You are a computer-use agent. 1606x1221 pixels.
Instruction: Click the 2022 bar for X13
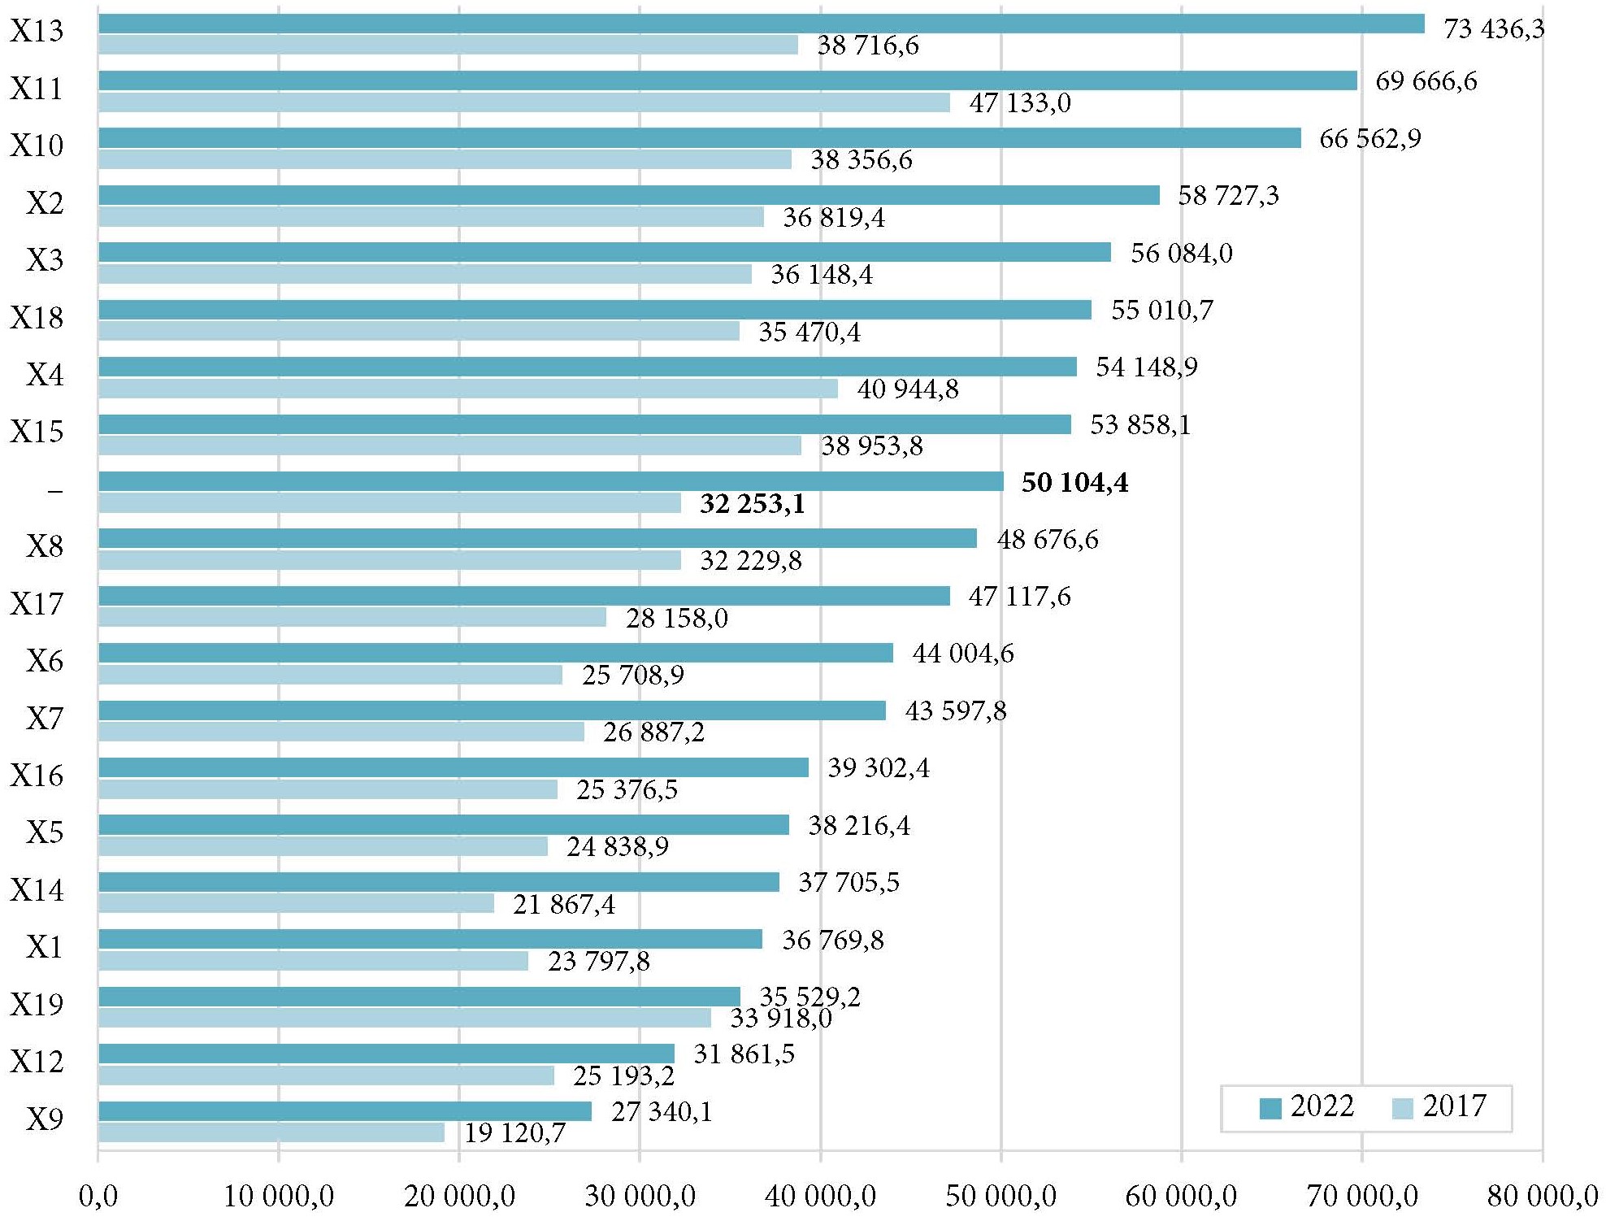click(x=761, y=24)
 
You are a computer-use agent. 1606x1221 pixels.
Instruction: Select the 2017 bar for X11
click(x=524, y=102)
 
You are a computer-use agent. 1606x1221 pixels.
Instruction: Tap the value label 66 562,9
click(x=1369, y=139)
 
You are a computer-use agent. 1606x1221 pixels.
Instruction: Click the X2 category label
click(x=45, y=202)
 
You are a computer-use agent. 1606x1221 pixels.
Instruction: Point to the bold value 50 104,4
click(x=1074, y=483)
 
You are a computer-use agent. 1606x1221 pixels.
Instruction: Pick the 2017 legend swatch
click(x=1402, y=1108)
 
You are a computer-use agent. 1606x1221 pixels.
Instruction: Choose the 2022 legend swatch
click(x=1270, y=1108)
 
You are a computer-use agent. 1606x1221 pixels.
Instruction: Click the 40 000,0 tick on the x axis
click(x=820, y=1196)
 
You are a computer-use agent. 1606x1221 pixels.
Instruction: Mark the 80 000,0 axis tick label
click(x=1542, y=1196)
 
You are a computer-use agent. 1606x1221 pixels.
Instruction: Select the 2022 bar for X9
click(x=345, y=1111)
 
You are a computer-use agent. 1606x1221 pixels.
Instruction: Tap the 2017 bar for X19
click(x=405, y=1018)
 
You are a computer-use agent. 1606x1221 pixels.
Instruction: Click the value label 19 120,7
click(x=514, y=1133)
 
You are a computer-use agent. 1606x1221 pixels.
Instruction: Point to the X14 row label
click(x=37, y=890)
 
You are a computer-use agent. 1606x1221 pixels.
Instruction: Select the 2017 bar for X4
click(x=468, y=389)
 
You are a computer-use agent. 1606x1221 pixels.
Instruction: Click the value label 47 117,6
click(x=1019, y=597)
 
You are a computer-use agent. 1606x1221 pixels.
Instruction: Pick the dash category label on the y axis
click(x=54, y=491)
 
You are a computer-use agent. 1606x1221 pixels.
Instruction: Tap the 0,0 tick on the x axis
click(x=98, y=1196)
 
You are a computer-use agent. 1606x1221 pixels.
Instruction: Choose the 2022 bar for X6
click(x=496, y=653)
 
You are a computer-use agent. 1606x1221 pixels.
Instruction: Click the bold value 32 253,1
click(x=752, y=504)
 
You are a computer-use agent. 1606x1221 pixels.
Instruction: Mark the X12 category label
click(x=37, y=1062)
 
